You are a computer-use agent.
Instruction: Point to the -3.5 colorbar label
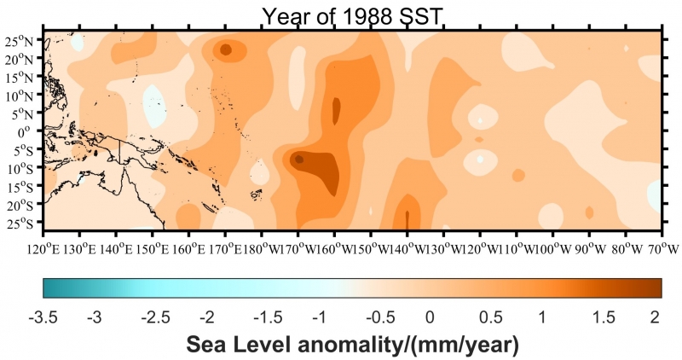(x=43, y=316)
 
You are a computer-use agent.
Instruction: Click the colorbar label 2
(x=655, y=316)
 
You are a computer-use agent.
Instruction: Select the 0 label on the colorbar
(x=430, y=316)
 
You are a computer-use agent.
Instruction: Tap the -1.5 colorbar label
(x=262, y=316)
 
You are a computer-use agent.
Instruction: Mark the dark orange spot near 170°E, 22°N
(x=226, y=50)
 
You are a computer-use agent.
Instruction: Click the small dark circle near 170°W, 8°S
(x=298, y=159)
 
